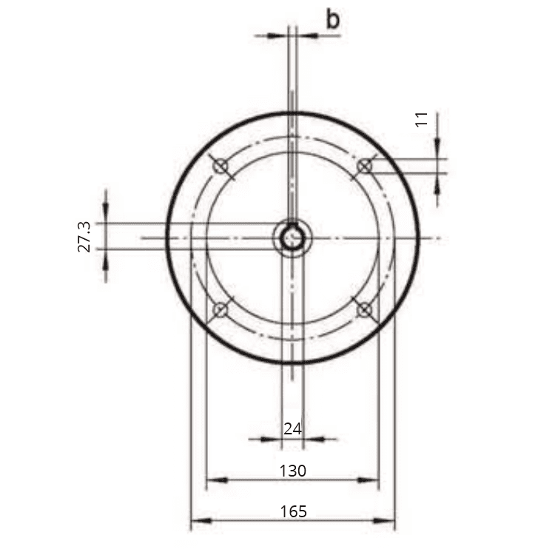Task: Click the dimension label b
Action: pos(333,20)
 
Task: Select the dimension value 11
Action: pos(421,119)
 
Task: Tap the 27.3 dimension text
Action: pos(84,237)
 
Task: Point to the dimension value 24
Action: pos(293,428)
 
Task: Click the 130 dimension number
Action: pos(293,471)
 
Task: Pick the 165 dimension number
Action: pos(294,511)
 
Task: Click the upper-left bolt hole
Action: pos(221,165)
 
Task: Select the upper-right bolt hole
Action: pos(365,166)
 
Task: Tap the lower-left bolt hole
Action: pos(221,310)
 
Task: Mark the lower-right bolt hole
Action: pos(365,310)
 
